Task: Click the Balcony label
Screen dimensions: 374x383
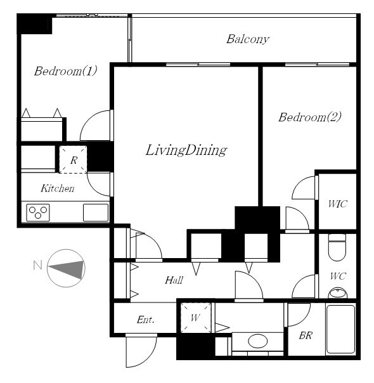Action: click(x=248, y=39)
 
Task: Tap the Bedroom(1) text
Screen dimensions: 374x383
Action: click(x=65, y=71)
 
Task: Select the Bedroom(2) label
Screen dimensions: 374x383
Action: click(x=310, y=117)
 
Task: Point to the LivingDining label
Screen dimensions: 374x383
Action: click(x=186, y=150)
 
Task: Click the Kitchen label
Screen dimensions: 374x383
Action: click(x=58, y=188)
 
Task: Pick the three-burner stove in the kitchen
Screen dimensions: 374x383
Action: click(x=38, y=212)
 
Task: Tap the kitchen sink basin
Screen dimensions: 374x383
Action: click(x=96, y=213)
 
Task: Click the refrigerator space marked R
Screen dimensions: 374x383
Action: click(x=74, y=160)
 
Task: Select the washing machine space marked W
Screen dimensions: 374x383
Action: click(x=195, y=318)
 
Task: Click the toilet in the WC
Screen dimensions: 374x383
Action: click(x=337, y=247)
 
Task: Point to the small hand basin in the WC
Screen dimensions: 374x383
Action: click(x=338, y=293)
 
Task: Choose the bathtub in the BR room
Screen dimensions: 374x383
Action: click(x=340, y=329)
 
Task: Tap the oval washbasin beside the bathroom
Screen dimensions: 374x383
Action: click(x=257, y=341)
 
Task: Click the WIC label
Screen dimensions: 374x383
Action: click(x=337, y=204)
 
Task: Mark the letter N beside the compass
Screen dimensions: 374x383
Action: click(x=37, y=265)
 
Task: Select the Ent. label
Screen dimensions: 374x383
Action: click(x=146, y=320)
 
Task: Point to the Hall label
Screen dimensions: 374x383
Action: click(x=174, y=280)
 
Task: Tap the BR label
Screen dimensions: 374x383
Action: click(x=306, y=335)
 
